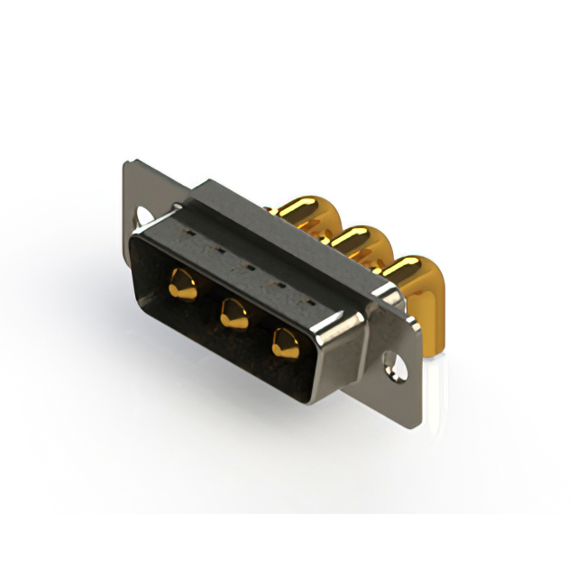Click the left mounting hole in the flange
(144, 216)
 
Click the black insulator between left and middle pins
(208, 302)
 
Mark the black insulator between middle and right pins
(260, 329)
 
